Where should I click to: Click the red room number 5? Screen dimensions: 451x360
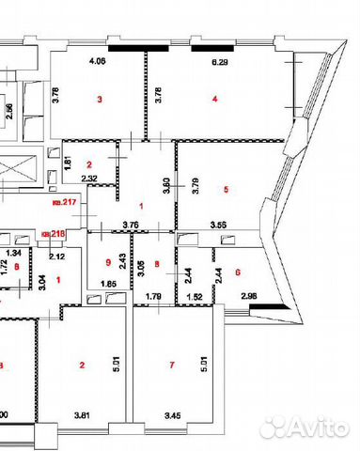(x=226, y=190)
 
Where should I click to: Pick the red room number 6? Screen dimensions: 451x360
(x=238, y=272)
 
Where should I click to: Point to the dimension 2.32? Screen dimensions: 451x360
(x=90, y=178)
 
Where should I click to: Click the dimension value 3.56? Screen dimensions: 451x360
(x=219, y=224)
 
